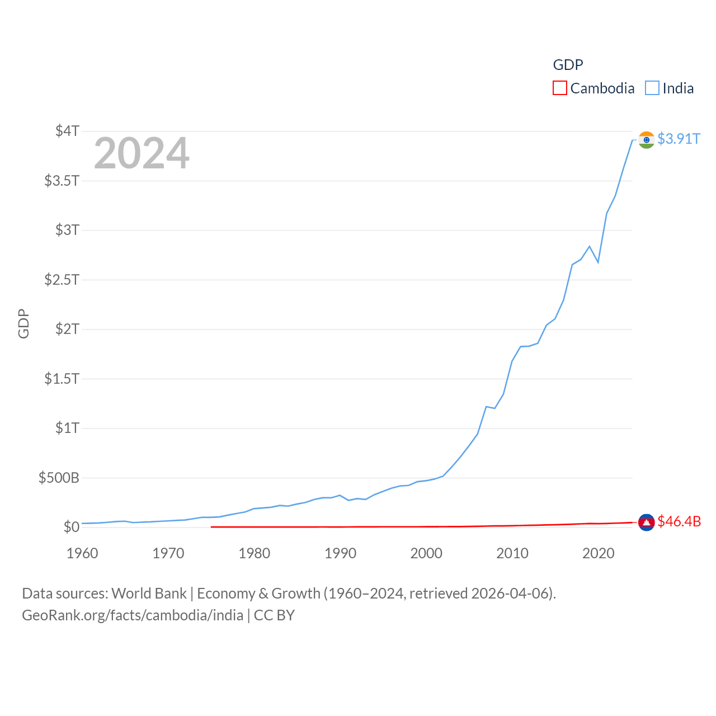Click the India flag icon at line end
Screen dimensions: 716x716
coord(646,140)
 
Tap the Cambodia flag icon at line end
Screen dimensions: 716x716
coord(646,522)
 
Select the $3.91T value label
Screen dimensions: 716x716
coord(679,139)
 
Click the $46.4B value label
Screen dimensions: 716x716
coord(679,521)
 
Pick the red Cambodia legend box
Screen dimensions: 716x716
coord(559,88)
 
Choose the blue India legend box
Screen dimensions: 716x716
coord(652,88)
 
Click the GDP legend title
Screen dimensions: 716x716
coord(568,65)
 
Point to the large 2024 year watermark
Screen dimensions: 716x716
coord(142,153)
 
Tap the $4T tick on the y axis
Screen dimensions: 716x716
coord(67,131)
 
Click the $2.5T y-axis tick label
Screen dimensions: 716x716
coord(62,279)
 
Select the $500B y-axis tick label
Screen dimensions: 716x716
coord(59,478)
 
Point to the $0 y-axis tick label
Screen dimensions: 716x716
coord(71,527)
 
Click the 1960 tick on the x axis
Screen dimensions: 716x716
coord(82,553)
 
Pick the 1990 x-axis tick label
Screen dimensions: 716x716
coord(340,553)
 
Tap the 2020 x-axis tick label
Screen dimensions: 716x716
coord(598,553)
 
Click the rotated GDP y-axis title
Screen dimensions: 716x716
coord(23,323)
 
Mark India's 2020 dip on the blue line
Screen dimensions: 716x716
coord(598,262)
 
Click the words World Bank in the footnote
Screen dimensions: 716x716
coord(149,593)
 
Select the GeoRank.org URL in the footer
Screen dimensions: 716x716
coord(133,615)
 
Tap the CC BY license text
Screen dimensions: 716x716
coord(274,615)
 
